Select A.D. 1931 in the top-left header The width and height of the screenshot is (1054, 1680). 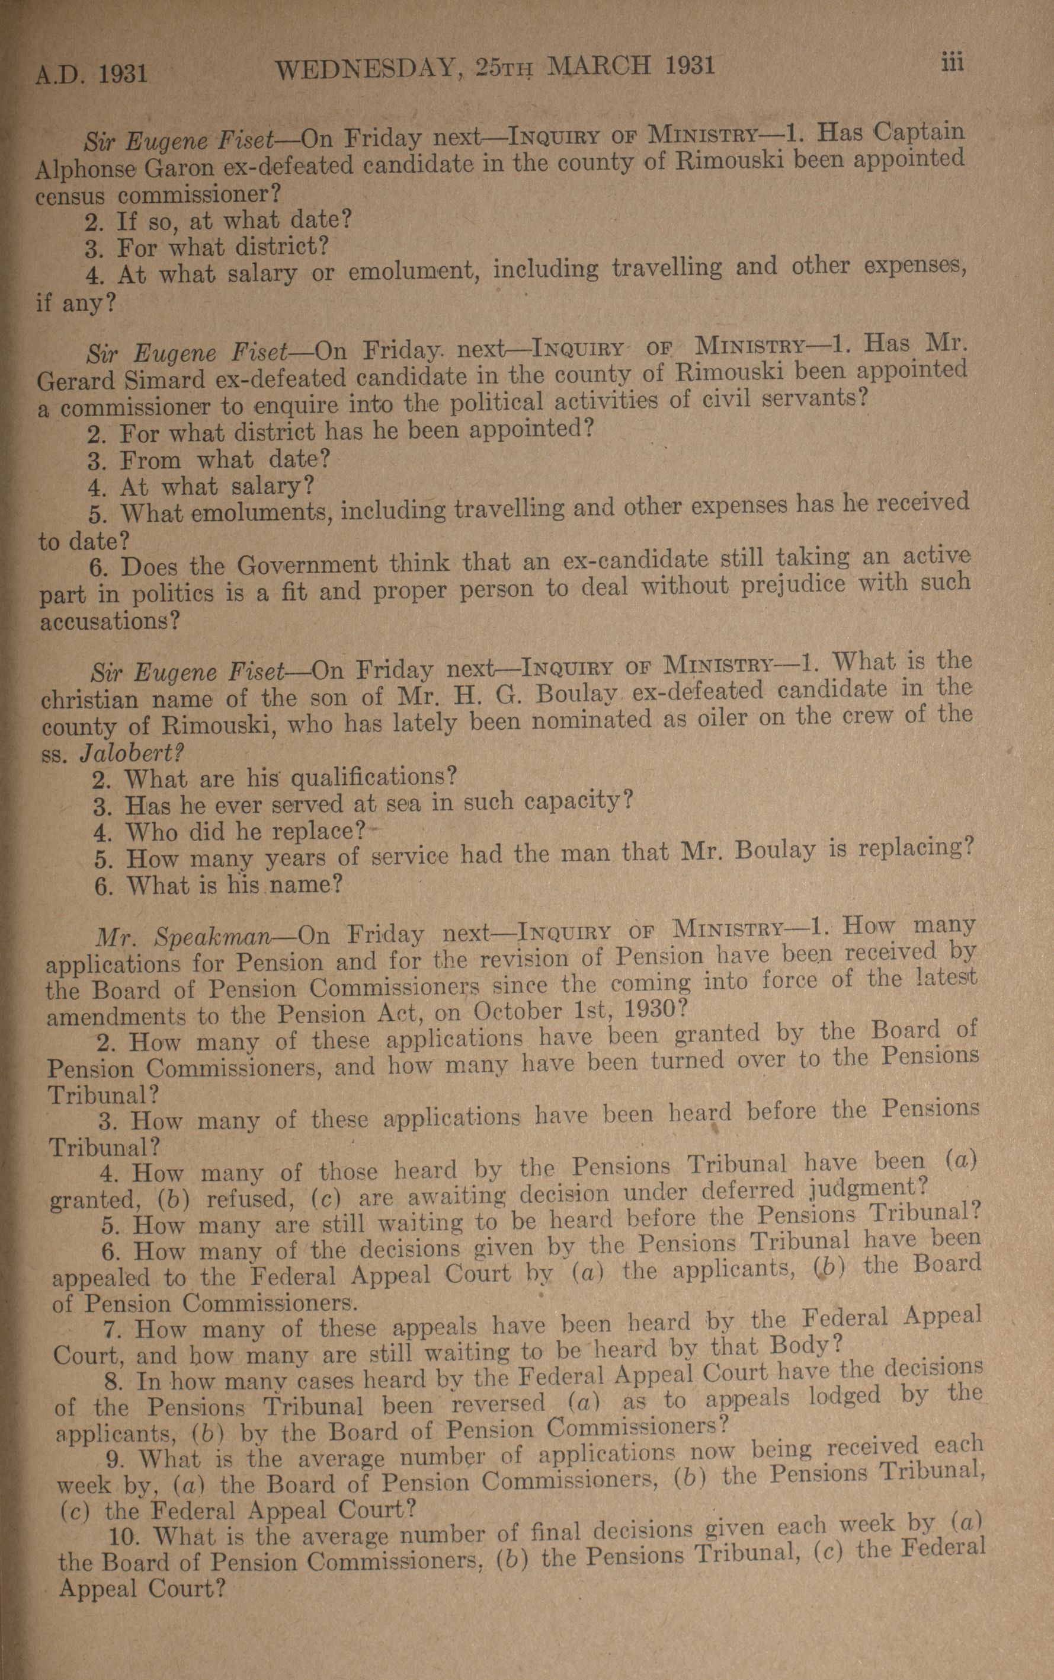click(91, 72)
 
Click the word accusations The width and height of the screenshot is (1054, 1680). click(104, 621)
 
